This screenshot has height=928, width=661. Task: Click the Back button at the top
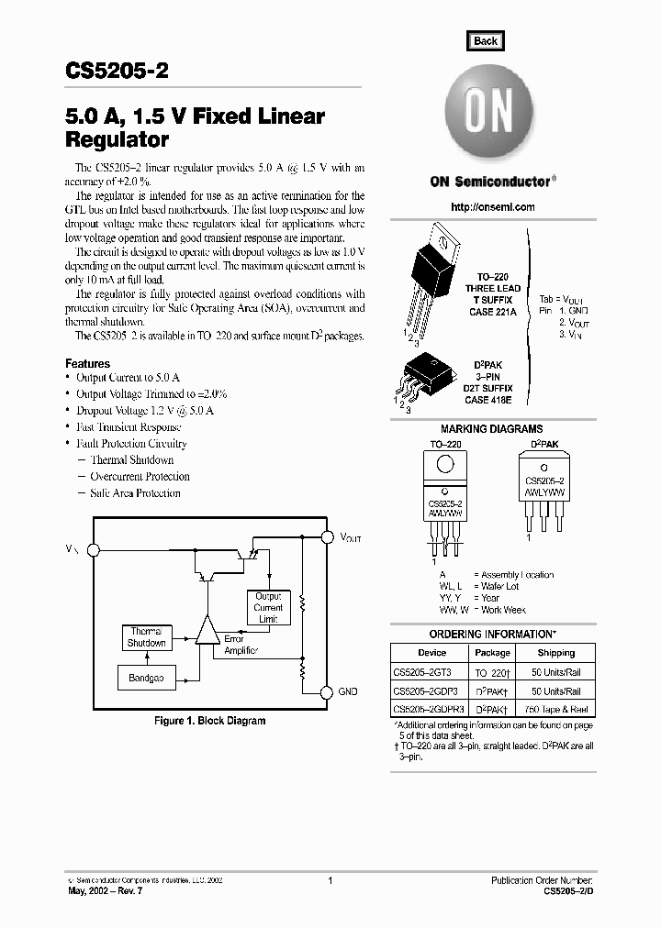pos(485,40)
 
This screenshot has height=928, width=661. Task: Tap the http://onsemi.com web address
pos(493,207)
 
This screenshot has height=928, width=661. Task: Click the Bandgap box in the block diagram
pos(145,679)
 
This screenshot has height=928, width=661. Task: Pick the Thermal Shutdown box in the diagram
pos(146,637)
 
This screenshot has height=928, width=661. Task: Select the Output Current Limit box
pos(268,607)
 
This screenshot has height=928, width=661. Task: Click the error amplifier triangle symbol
pos(207,630)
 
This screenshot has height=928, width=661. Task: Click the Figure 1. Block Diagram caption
pos(209,721)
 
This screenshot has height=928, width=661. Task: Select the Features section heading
pos(88,364)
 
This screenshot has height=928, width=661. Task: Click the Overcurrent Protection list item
pos(140,477)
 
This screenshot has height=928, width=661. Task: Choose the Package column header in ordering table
pos(492,653)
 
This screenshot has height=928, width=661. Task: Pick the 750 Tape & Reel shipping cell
pos(555,709)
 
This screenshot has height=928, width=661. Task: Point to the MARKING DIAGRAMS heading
pos(491,429)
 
